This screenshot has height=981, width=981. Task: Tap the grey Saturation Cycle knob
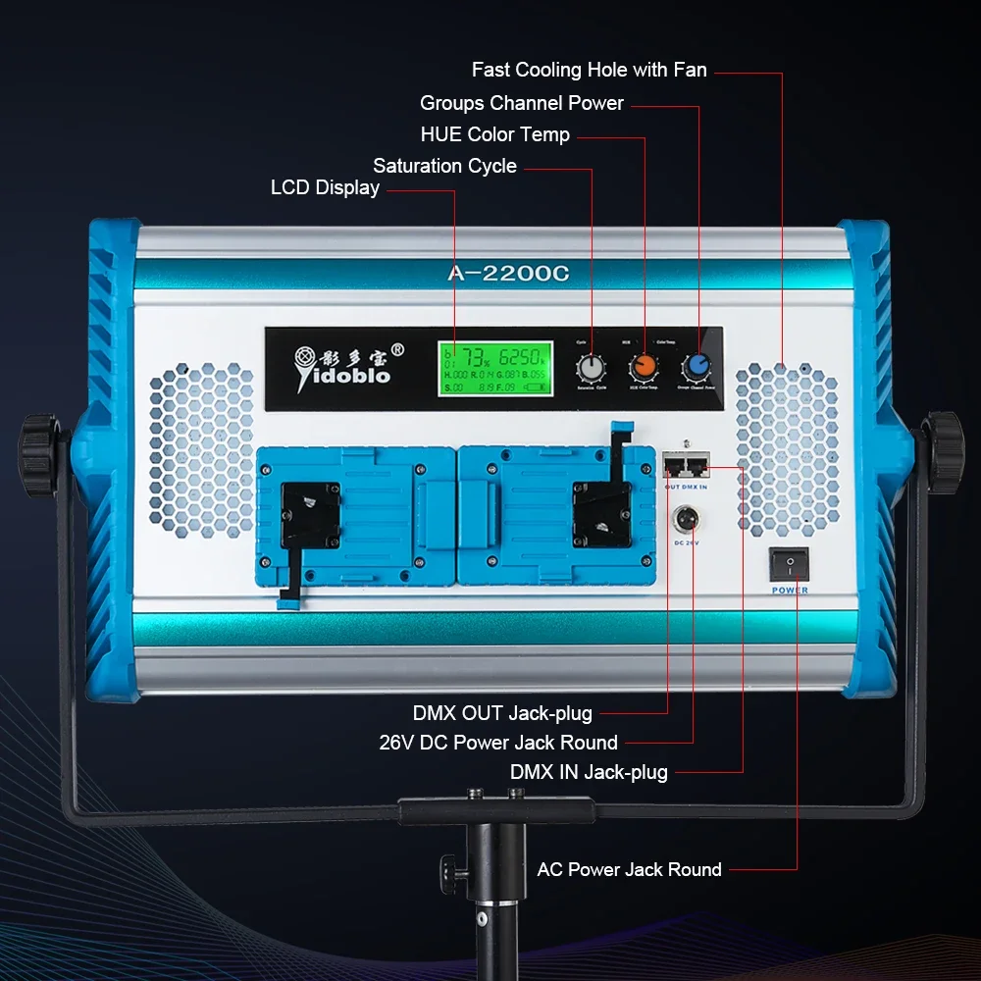click(x=591, y=368)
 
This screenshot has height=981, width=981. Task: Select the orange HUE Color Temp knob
click(x=645, y=367)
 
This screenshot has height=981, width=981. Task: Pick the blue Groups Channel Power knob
click(x=697, y=367)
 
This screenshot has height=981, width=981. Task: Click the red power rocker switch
click(x=789, y=564)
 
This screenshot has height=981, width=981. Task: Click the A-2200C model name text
click(x=508, y=275)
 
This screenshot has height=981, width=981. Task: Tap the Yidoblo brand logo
click(x=344, y=363)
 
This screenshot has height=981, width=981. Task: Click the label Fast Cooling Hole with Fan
click(x=589, y=70)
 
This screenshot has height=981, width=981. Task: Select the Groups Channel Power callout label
click(x=521, y=103)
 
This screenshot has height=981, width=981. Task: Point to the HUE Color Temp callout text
click(x=494, y=134)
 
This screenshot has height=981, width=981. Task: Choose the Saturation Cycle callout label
click(x=444, y=166)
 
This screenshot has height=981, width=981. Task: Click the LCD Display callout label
click(x=325, y=187)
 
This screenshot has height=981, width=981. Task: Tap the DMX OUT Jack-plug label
click(x=502, y=713)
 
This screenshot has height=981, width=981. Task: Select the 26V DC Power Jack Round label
click(x=498, y=743)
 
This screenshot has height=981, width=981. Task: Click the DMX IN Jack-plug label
click(x=589, y=772)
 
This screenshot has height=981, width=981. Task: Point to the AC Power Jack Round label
click(x=629, y=869)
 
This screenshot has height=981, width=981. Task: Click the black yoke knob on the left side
click(x=39, y=454)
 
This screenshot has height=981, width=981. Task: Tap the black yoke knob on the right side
click(x=944, y=452)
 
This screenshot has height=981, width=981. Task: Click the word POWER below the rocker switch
click(x=790, y=590)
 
